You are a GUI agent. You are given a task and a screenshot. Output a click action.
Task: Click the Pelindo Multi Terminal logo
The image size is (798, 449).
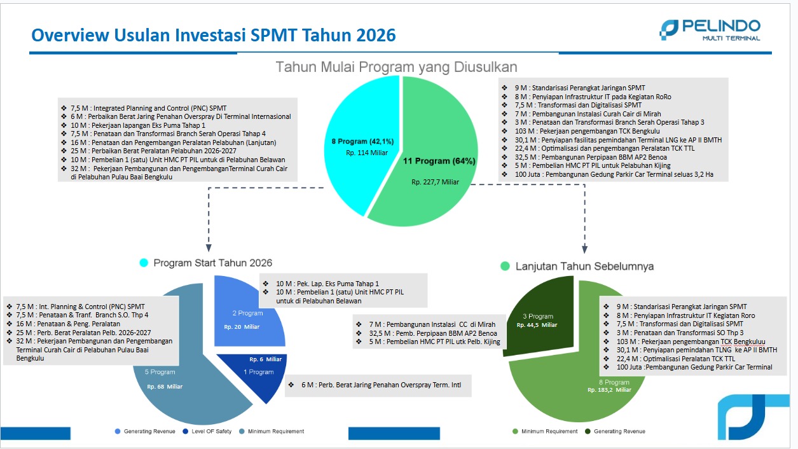710,30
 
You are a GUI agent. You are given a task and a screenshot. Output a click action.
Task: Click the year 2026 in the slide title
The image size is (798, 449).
376,35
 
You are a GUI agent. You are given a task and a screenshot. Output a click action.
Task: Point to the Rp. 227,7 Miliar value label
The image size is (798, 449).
435,182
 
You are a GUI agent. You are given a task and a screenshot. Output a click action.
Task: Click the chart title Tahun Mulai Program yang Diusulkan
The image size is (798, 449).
396,67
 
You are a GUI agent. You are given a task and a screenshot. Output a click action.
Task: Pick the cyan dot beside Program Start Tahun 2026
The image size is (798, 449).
144,263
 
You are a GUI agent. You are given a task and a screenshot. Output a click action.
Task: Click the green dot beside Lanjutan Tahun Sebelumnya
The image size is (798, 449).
505,266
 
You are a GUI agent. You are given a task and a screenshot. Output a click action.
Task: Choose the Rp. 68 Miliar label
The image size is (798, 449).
165,387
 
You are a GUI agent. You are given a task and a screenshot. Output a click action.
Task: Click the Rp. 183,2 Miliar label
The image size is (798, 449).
609,390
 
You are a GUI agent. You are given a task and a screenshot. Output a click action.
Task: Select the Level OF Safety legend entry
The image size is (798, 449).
207,431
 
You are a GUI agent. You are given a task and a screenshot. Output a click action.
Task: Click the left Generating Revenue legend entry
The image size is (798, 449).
145,431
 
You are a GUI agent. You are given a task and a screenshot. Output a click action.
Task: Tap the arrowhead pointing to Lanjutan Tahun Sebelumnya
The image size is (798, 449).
584,249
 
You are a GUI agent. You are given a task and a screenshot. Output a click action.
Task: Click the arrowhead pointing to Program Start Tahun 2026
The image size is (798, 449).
209,248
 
